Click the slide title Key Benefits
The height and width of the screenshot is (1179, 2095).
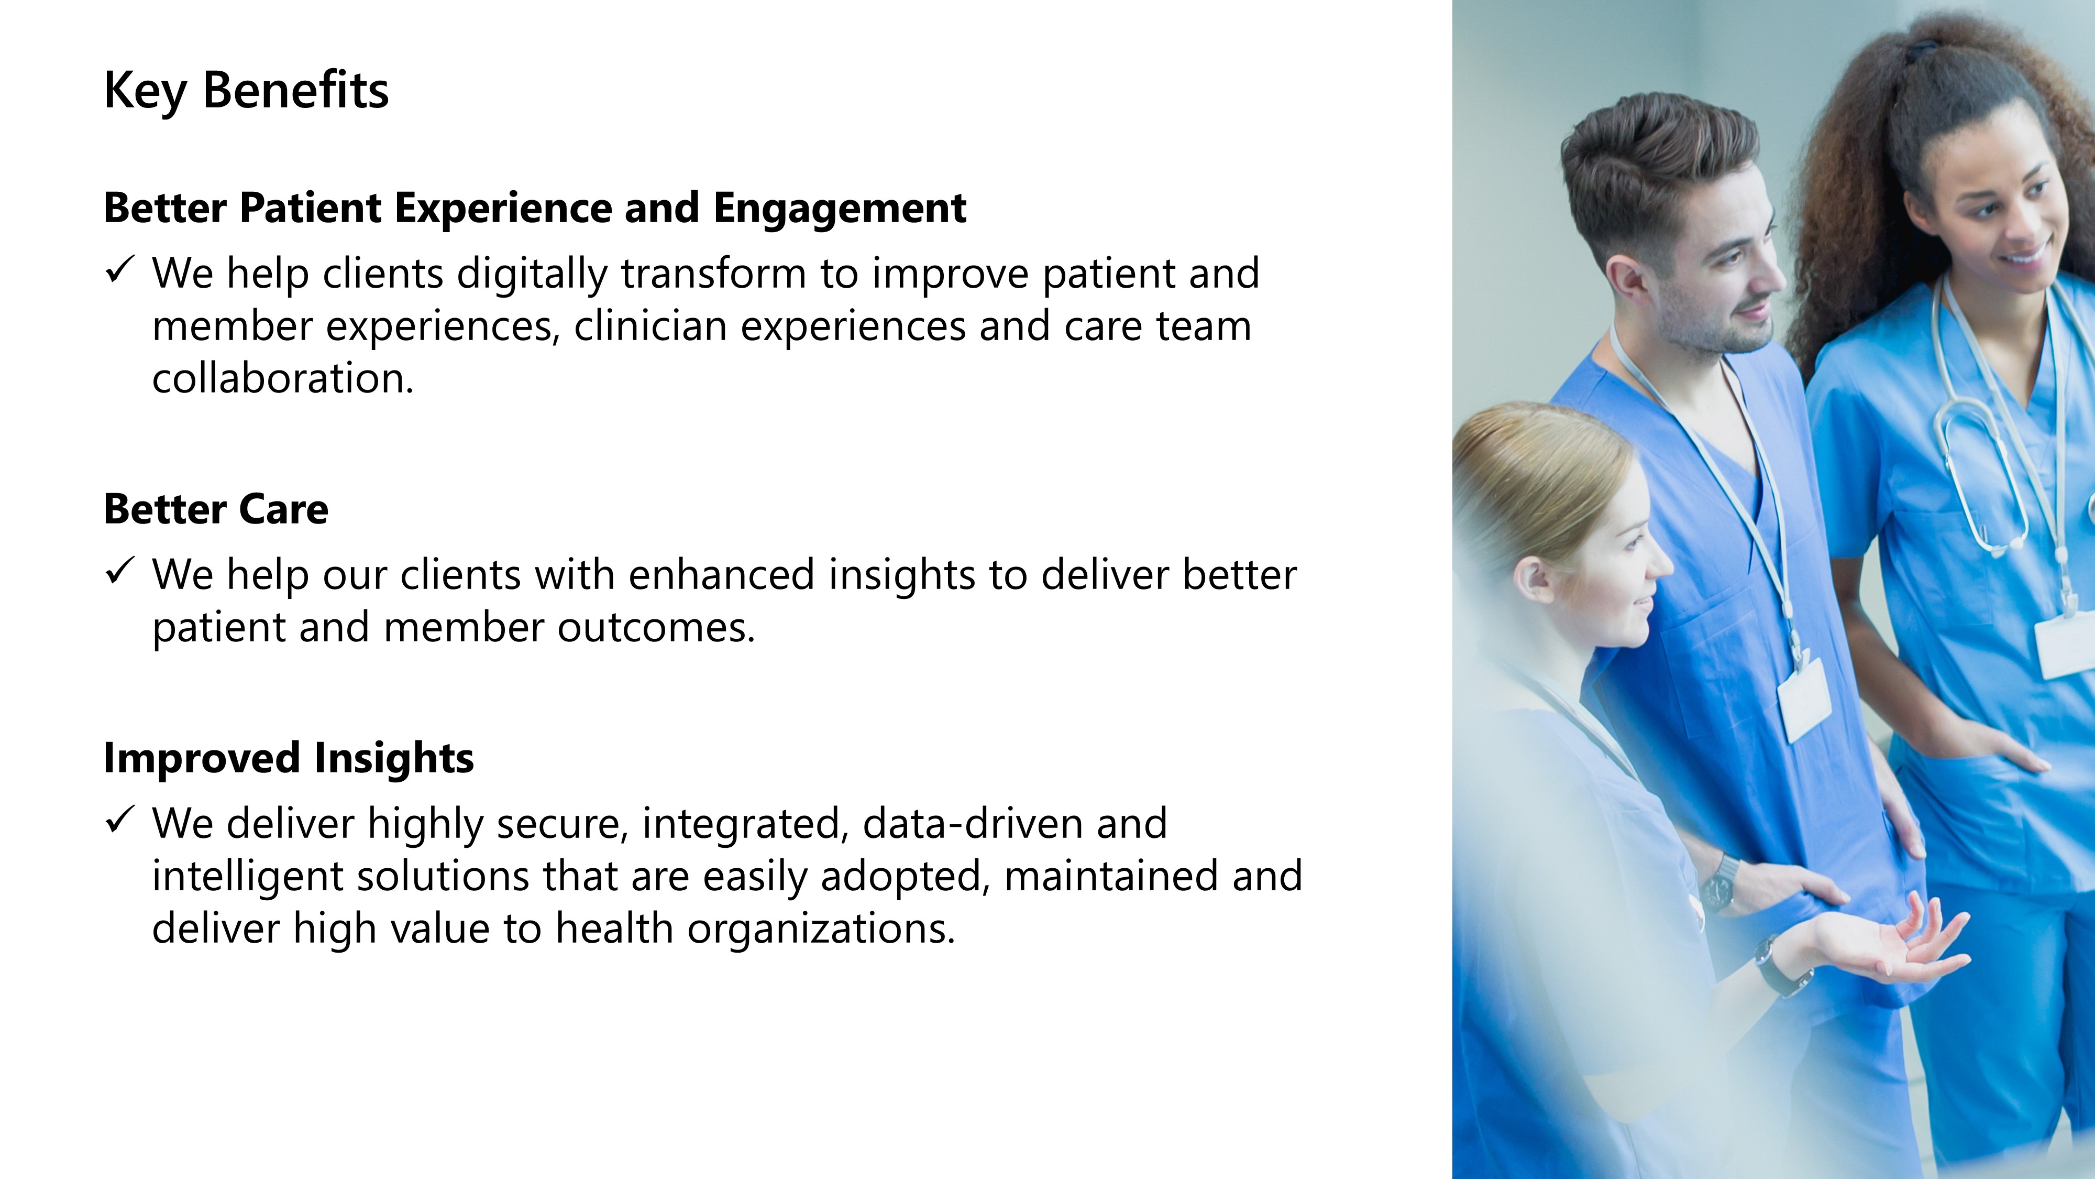pyautogui.click(x=246, y=90)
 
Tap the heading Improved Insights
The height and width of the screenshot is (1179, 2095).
pyautogui.click(x=289, y=758)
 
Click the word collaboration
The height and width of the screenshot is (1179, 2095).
pyautogui.click(x=283, y=378)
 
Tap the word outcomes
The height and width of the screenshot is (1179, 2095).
pyautogui.click(x=656, y=627)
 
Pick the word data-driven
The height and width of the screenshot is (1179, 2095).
pyautogui.click(x=973, y=823)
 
